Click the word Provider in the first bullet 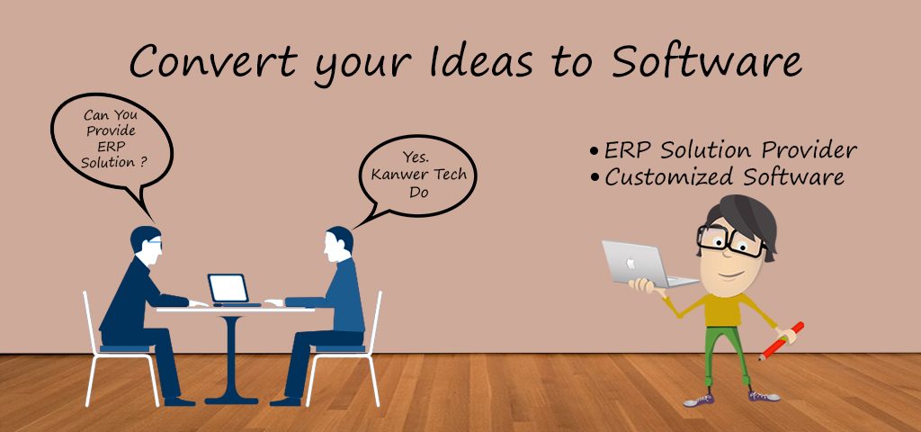pos(809,150)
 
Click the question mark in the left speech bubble pos(143,161)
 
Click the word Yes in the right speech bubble pos(414,157)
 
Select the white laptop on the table pos(230,289)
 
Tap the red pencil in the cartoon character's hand pos(781,341)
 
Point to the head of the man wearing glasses pos(146,241)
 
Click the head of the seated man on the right pos(338,243)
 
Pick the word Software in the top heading pos(706,60)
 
